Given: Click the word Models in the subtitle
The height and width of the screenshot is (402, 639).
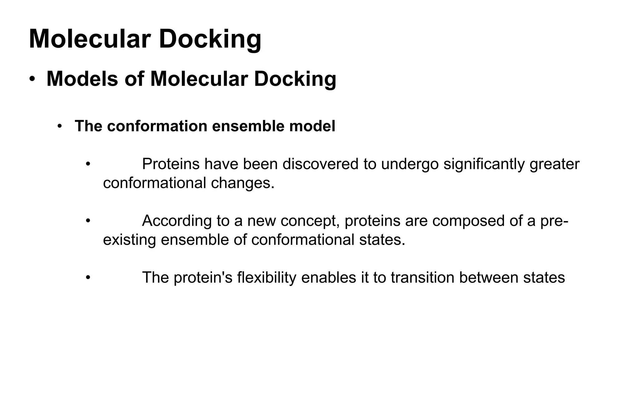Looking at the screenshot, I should point(82,79).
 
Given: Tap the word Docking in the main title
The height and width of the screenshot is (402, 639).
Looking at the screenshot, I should point(210,39).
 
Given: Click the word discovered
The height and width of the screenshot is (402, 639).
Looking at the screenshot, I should point(320,164).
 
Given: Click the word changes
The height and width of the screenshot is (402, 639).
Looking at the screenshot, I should point(242,183).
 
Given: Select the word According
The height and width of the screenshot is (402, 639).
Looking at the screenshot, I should point(177,221).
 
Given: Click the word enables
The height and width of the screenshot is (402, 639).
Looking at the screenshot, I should point(329,278).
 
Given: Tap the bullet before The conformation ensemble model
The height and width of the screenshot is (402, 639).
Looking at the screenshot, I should point(60,127).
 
